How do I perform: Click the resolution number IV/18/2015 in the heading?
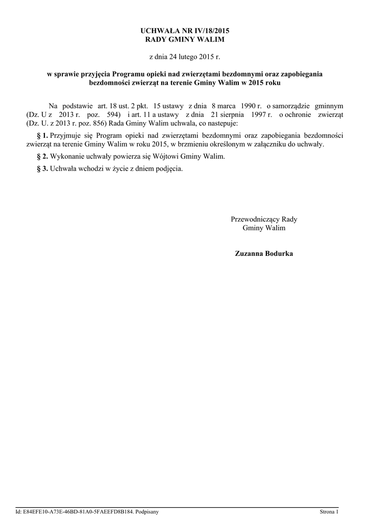click(204, 31)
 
